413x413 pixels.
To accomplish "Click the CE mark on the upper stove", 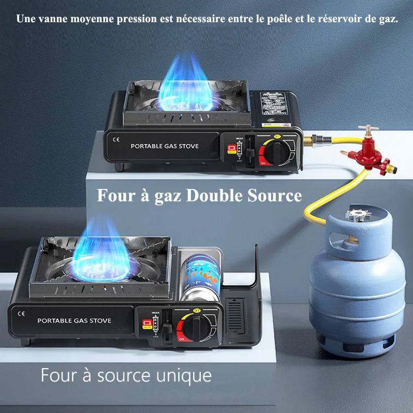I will coord(116,139).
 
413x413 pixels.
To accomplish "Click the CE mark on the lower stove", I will coord(21,312).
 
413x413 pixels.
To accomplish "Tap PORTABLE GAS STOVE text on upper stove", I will coord(164,146).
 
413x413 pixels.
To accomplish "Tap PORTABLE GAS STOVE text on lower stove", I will coord(74,321).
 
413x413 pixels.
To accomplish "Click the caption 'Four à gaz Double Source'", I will coord(199,196).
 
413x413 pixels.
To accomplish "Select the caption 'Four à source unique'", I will coord(126,375).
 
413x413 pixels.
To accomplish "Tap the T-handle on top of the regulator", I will coord(368,128).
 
